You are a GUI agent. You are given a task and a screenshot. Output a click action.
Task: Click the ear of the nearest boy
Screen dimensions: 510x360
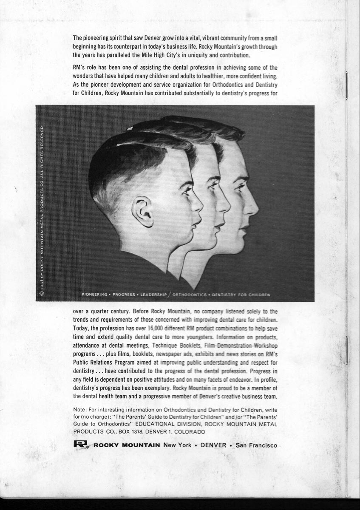pos(143,211)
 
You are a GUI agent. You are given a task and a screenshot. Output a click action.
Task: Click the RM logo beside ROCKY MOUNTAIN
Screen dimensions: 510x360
pos(81,445)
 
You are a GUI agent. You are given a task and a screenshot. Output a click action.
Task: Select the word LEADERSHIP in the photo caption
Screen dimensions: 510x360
pos(154,294)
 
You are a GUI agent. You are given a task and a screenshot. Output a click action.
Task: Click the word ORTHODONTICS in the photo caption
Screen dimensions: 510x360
pos(190,294)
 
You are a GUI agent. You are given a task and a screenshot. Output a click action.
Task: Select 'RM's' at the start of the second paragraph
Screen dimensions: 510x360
pos(80,68)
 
